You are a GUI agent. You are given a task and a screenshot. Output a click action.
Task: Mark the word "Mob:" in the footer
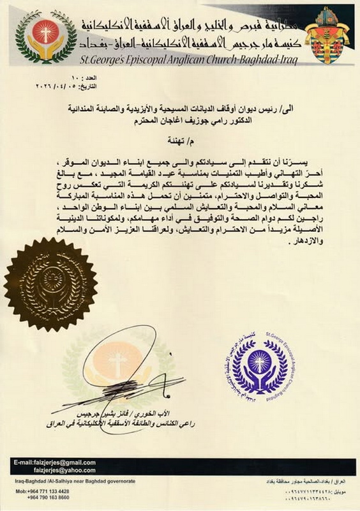click(x=20, y=492)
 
